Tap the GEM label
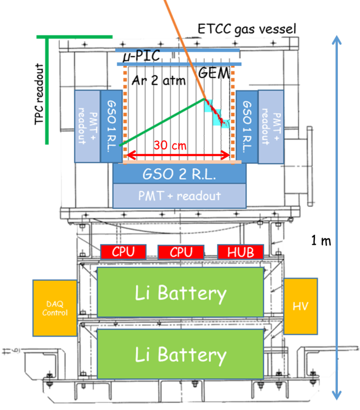pos(213,73)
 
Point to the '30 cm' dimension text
pos(170,145)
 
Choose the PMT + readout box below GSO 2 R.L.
pos(180,195)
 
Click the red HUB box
pos(240,252)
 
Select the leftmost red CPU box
pos(123,252)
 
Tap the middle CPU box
pos(180,252)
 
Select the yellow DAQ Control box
pos(55,308)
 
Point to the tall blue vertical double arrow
pos(337,217)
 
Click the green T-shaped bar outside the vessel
pos(47,87)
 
